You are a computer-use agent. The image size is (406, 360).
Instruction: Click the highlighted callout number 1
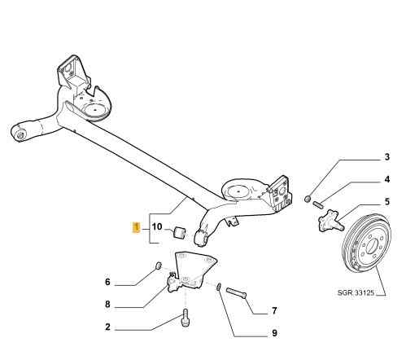136,227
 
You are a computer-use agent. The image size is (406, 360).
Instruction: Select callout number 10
157,226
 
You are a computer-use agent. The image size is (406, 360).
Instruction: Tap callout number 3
386,157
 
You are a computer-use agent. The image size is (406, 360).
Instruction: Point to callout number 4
387,179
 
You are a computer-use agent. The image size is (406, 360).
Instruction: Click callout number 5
387,202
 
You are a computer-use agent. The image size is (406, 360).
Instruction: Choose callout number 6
107,282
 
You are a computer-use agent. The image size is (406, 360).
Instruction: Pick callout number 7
274,310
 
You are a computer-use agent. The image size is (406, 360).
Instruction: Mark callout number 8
107,305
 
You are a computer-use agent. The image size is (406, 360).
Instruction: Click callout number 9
274,333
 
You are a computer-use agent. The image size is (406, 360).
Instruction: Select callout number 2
107,327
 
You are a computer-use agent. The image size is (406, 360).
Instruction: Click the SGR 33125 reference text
356,292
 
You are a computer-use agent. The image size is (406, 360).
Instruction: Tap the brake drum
367,242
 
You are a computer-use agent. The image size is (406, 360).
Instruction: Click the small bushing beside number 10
179,233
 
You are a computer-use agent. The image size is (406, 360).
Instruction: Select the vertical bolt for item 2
186,318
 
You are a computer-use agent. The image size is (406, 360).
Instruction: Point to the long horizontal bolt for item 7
236,293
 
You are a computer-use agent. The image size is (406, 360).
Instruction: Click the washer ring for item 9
219,287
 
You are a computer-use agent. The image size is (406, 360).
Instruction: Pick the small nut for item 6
159,266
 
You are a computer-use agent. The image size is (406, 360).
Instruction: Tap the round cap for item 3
308,199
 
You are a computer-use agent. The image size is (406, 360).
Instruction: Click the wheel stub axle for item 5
330,221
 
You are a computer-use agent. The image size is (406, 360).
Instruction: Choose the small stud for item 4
318,204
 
